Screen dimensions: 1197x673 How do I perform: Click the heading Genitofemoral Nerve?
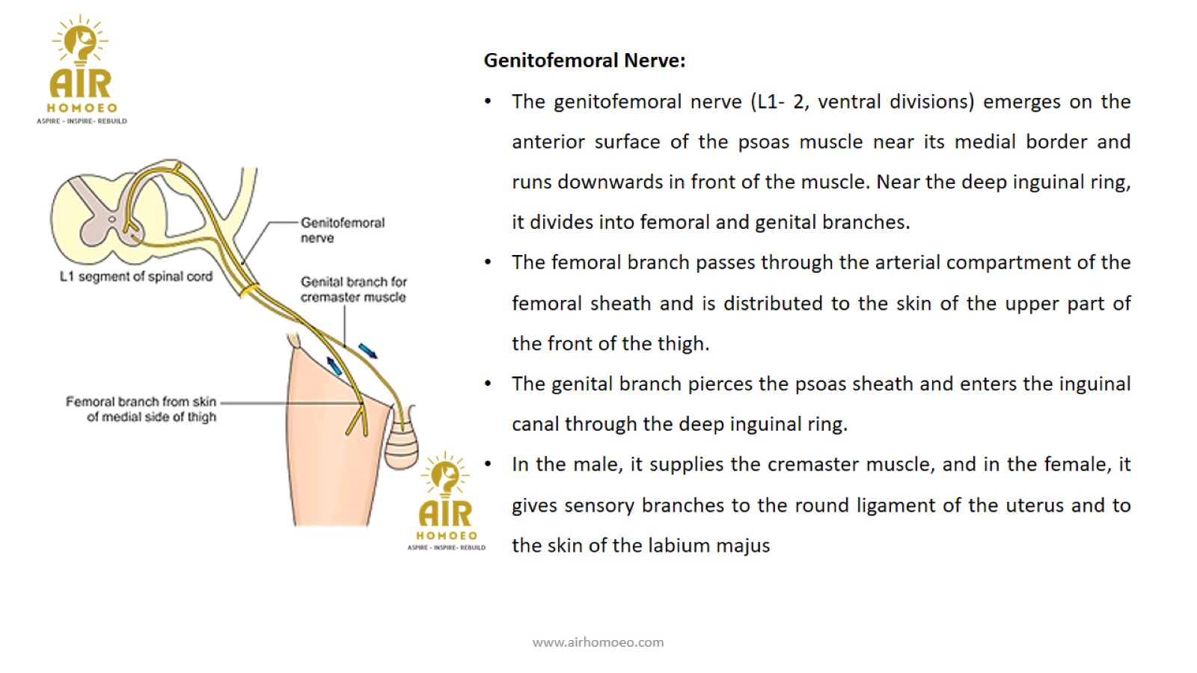(584, 61)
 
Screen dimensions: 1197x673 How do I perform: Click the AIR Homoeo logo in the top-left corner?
(82, 70)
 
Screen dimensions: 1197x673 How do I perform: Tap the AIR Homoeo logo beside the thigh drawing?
(446, 502)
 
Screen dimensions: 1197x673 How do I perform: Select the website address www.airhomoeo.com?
(598, 642)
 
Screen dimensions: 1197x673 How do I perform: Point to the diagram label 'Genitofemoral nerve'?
(343, 230)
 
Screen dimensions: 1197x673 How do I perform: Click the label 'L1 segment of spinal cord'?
(135, 277)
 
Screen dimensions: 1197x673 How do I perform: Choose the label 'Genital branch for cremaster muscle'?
(353, 289)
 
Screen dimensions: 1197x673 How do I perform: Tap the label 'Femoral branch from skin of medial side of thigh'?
(141, 409)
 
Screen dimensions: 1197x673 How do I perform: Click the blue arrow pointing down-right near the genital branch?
(367, 351)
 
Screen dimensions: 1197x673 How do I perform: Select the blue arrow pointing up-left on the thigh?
(334, 366)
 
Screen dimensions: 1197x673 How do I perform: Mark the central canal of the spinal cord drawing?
(111, 219)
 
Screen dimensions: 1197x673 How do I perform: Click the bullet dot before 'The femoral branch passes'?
(488, 262)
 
